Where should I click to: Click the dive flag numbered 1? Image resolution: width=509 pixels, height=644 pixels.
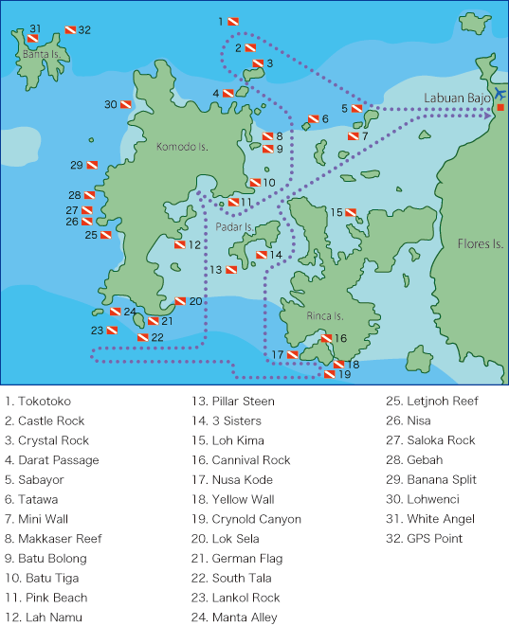(232, 21)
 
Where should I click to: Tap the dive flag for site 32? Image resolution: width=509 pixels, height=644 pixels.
(69, 32)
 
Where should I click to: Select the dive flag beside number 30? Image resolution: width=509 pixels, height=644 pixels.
(125, 104)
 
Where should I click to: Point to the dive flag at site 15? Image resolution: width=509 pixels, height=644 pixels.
(351, 212)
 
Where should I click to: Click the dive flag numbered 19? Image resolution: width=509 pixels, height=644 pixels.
(330, 374)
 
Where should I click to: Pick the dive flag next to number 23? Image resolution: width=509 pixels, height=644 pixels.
(110, 331)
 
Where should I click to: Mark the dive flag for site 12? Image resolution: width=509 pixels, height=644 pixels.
(179, 244)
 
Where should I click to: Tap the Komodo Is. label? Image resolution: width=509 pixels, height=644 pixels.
(182, 148)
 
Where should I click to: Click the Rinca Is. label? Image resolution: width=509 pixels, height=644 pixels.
(325, 315)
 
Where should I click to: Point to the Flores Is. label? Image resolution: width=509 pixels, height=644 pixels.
(481, 243)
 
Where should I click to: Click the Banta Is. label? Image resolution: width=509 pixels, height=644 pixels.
(41, 54)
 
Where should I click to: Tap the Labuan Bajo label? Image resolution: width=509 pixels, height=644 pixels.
(459, 98)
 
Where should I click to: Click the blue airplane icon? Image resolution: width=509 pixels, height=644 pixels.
(500, 93)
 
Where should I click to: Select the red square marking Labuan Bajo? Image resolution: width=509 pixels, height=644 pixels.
(500, 108)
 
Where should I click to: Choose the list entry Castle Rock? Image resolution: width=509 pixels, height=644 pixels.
(45, 420)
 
